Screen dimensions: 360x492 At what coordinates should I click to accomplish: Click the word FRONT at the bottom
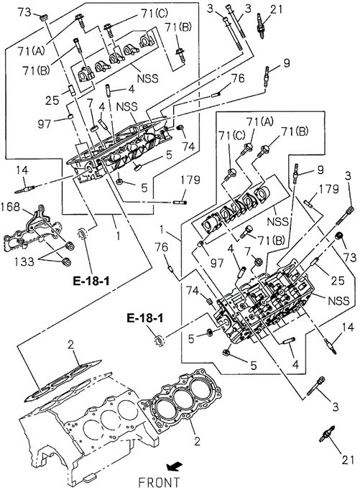[x=159, y=482]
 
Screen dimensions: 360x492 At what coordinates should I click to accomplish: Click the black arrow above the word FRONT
[x=174, y=467]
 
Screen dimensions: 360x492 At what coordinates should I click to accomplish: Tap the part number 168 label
[x=10, y=207]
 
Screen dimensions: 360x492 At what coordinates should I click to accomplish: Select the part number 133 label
[x=24, y=261]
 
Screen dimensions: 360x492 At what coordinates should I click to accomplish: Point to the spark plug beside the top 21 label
[x=261, y=26]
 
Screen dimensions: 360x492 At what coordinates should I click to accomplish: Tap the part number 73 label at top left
[x=24, y=12]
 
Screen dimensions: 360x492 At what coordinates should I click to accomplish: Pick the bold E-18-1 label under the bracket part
[x=91, y=281]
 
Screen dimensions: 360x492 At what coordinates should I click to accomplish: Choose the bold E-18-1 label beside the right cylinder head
[x=145, y=318]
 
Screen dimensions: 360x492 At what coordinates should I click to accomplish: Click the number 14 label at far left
[x=22, y=170]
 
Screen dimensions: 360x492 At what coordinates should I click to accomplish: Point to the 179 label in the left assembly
[x=190, y=180]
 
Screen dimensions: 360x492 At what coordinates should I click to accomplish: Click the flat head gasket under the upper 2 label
[x=63, y=381]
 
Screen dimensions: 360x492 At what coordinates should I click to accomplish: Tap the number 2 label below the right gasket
[x=197, y=442]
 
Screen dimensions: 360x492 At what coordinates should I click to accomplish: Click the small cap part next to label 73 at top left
[x=44, y=17]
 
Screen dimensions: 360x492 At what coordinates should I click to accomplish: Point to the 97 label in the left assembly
[x=44, y=124]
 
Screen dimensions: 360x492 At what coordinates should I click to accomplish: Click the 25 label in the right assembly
[x=338, y=280]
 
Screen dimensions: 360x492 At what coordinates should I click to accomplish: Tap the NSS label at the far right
[x=338, y=301]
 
